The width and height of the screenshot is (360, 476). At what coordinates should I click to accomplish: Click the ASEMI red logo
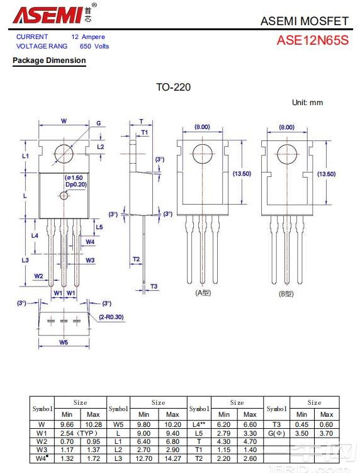(48, 15)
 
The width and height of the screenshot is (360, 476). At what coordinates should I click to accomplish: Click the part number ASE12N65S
(313, 40)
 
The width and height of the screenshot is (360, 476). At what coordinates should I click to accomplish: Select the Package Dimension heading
(49, 60)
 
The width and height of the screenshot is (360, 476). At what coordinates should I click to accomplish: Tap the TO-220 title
(173, 87)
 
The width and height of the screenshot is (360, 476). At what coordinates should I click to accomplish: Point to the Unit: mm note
(307, 103)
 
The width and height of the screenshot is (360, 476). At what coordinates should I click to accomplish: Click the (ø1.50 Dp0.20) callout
(76, 181)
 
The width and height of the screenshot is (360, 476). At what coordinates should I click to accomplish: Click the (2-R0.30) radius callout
(111, 317)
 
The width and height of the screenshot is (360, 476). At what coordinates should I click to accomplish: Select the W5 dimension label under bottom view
(64, 342)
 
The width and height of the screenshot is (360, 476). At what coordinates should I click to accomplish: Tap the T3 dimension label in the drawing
(154, 286)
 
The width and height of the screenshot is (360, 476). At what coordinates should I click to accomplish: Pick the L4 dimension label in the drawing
(35, 235)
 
